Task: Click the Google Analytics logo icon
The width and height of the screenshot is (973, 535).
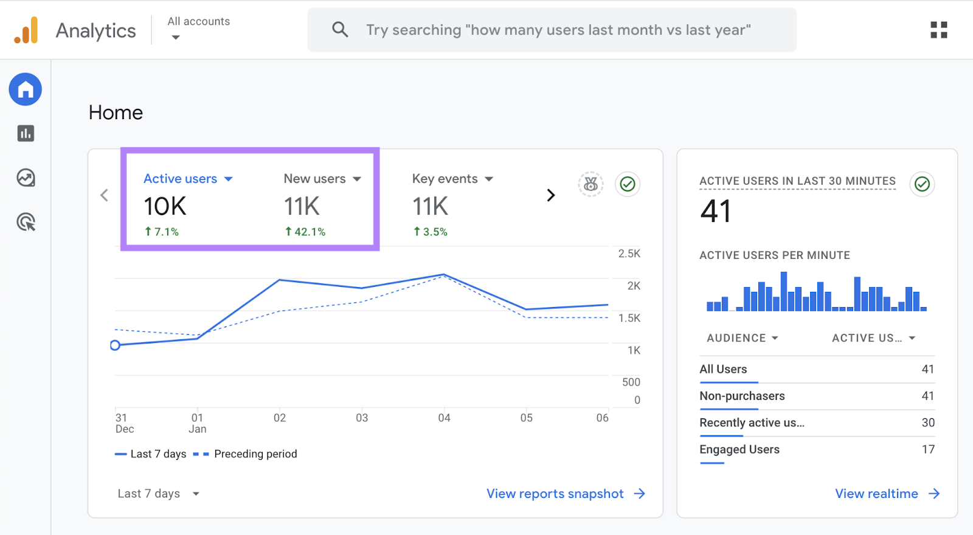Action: (26, 30)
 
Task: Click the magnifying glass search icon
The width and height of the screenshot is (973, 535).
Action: (340, 29)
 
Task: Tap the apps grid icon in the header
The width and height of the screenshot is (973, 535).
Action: (938, 30)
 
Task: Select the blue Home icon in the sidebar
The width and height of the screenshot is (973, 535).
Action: (26, 89)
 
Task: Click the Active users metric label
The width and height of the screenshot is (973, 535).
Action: (180, 179)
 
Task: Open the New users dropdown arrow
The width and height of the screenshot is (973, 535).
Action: (357, 179)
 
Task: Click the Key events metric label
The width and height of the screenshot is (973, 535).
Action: (445, 179)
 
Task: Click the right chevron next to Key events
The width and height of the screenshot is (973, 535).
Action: (550, 195)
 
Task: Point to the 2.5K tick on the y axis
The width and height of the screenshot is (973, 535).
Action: (629, 254)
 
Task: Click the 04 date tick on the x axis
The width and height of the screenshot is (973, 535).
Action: (444, 418)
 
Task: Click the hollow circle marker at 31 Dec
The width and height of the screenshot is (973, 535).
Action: (115, 345)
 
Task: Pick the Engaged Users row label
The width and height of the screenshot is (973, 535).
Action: (739, 449)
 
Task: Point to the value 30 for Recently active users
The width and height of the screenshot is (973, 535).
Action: (927, 423)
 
